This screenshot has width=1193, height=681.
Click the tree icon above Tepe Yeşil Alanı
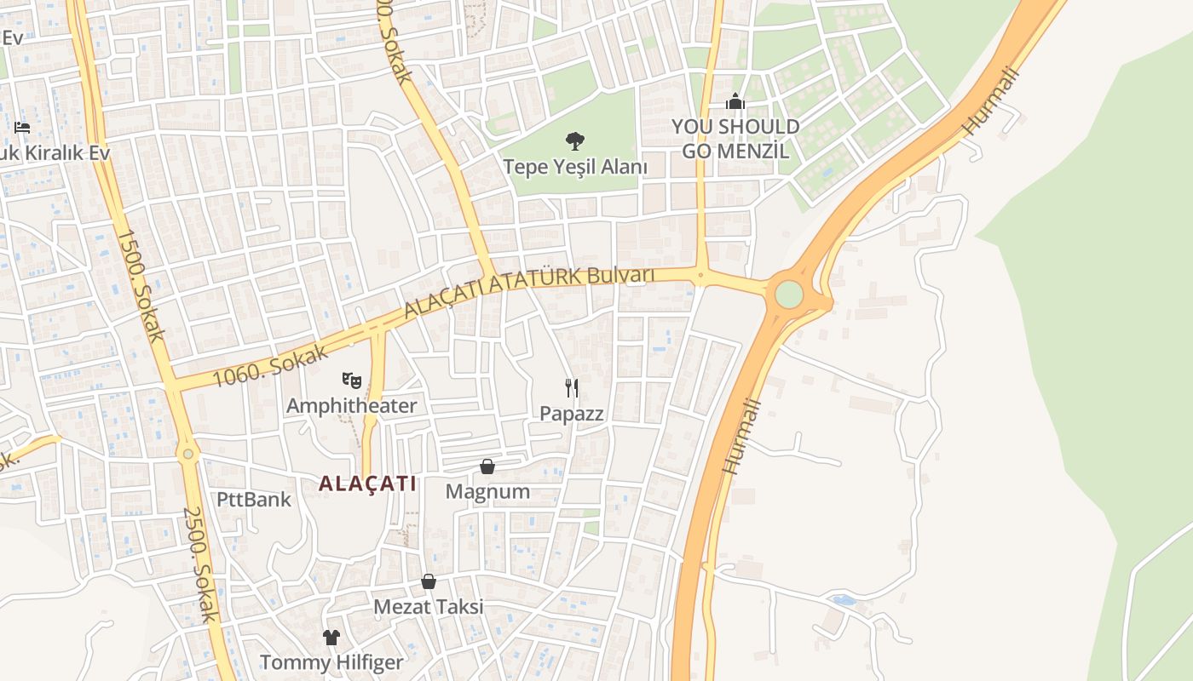[575, 140]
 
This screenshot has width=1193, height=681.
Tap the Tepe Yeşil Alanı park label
[575, 167]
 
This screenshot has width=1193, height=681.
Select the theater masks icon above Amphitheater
[351, 381]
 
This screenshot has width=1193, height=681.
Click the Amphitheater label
[351, 406]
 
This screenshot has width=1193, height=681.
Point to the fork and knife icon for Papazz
[572, 388]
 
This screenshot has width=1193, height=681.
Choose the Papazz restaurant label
[572, 414]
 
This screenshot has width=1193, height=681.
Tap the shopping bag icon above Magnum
[487, 466]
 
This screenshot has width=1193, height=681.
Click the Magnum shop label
[487, 492]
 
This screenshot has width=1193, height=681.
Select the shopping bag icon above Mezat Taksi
[429, 581]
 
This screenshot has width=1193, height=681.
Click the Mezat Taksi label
[429, 607]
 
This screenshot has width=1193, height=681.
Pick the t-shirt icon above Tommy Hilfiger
[331, 637]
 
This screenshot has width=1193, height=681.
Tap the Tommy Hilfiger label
[331, 662]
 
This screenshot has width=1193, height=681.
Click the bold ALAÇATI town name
[367, 484]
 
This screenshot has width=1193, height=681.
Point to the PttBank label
[254, 500]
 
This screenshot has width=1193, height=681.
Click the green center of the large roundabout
[789, 294]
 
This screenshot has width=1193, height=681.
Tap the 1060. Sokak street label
[269, 362]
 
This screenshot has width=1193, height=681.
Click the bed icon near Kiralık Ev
[22, 128]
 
